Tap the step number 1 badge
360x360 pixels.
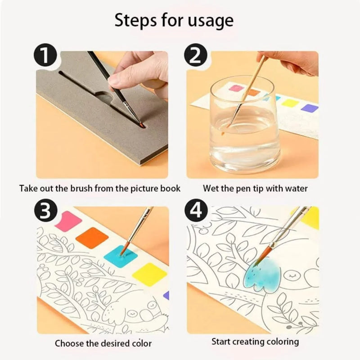pyautogui.click(x=45, y=59)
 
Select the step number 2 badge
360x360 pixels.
pyautogui.click(x=196, y=59)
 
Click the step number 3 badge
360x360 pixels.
pyautogui.click(x=45, y=212)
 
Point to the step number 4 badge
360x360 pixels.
pyautogui.click(x=196, y=212)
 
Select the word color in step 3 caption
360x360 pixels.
pyautogui.click(x=139, y=343)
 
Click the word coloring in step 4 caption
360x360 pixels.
pyautogui.click(x=281, y=342)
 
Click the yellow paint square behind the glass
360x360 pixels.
pyautogui.click(x=290, y=103)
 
